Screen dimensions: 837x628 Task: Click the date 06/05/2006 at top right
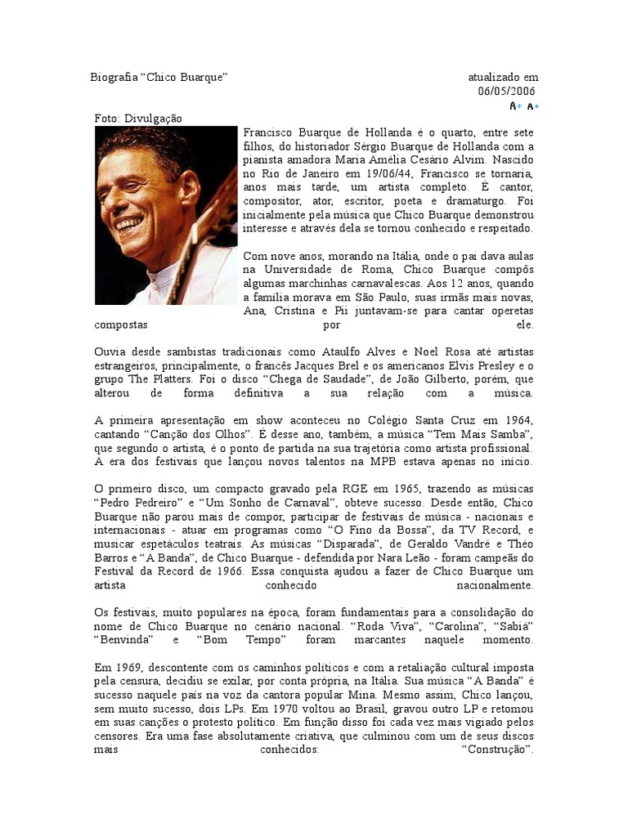click(508, 91)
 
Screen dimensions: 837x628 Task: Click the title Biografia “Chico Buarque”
click(158, 77)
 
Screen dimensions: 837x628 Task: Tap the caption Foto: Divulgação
click(138, 119)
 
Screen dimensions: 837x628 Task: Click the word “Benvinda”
click(123, 640)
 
